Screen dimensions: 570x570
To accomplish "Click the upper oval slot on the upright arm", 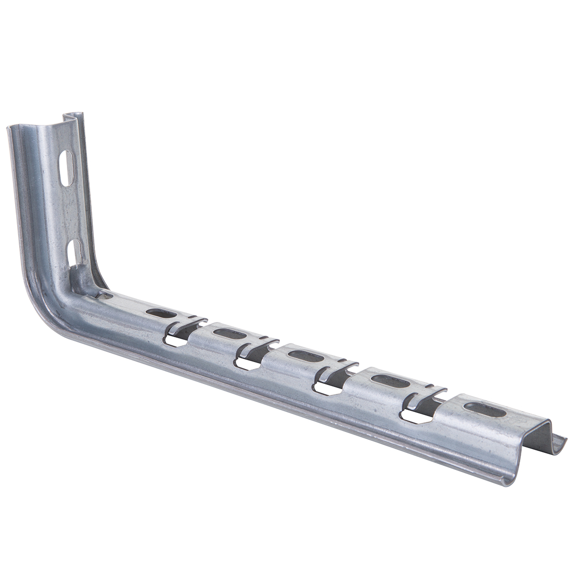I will point(67,168).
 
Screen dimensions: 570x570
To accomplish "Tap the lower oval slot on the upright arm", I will point(75,252).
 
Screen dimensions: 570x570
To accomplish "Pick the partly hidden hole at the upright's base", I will point(105,296).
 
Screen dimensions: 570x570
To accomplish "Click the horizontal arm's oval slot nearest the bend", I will point(161,313).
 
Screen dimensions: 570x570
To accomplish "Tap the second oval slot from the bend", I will point(229,334).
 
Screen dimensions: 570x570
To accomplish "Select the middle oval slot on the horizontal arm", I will point(306,356).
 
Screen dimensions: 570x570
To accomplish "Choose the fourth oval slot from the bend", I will point(390,381).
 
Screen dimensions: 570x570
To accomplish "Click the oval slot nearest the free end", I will point(484,409).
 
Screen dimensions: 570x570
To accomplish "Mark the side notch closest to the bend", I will point(176,339).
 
